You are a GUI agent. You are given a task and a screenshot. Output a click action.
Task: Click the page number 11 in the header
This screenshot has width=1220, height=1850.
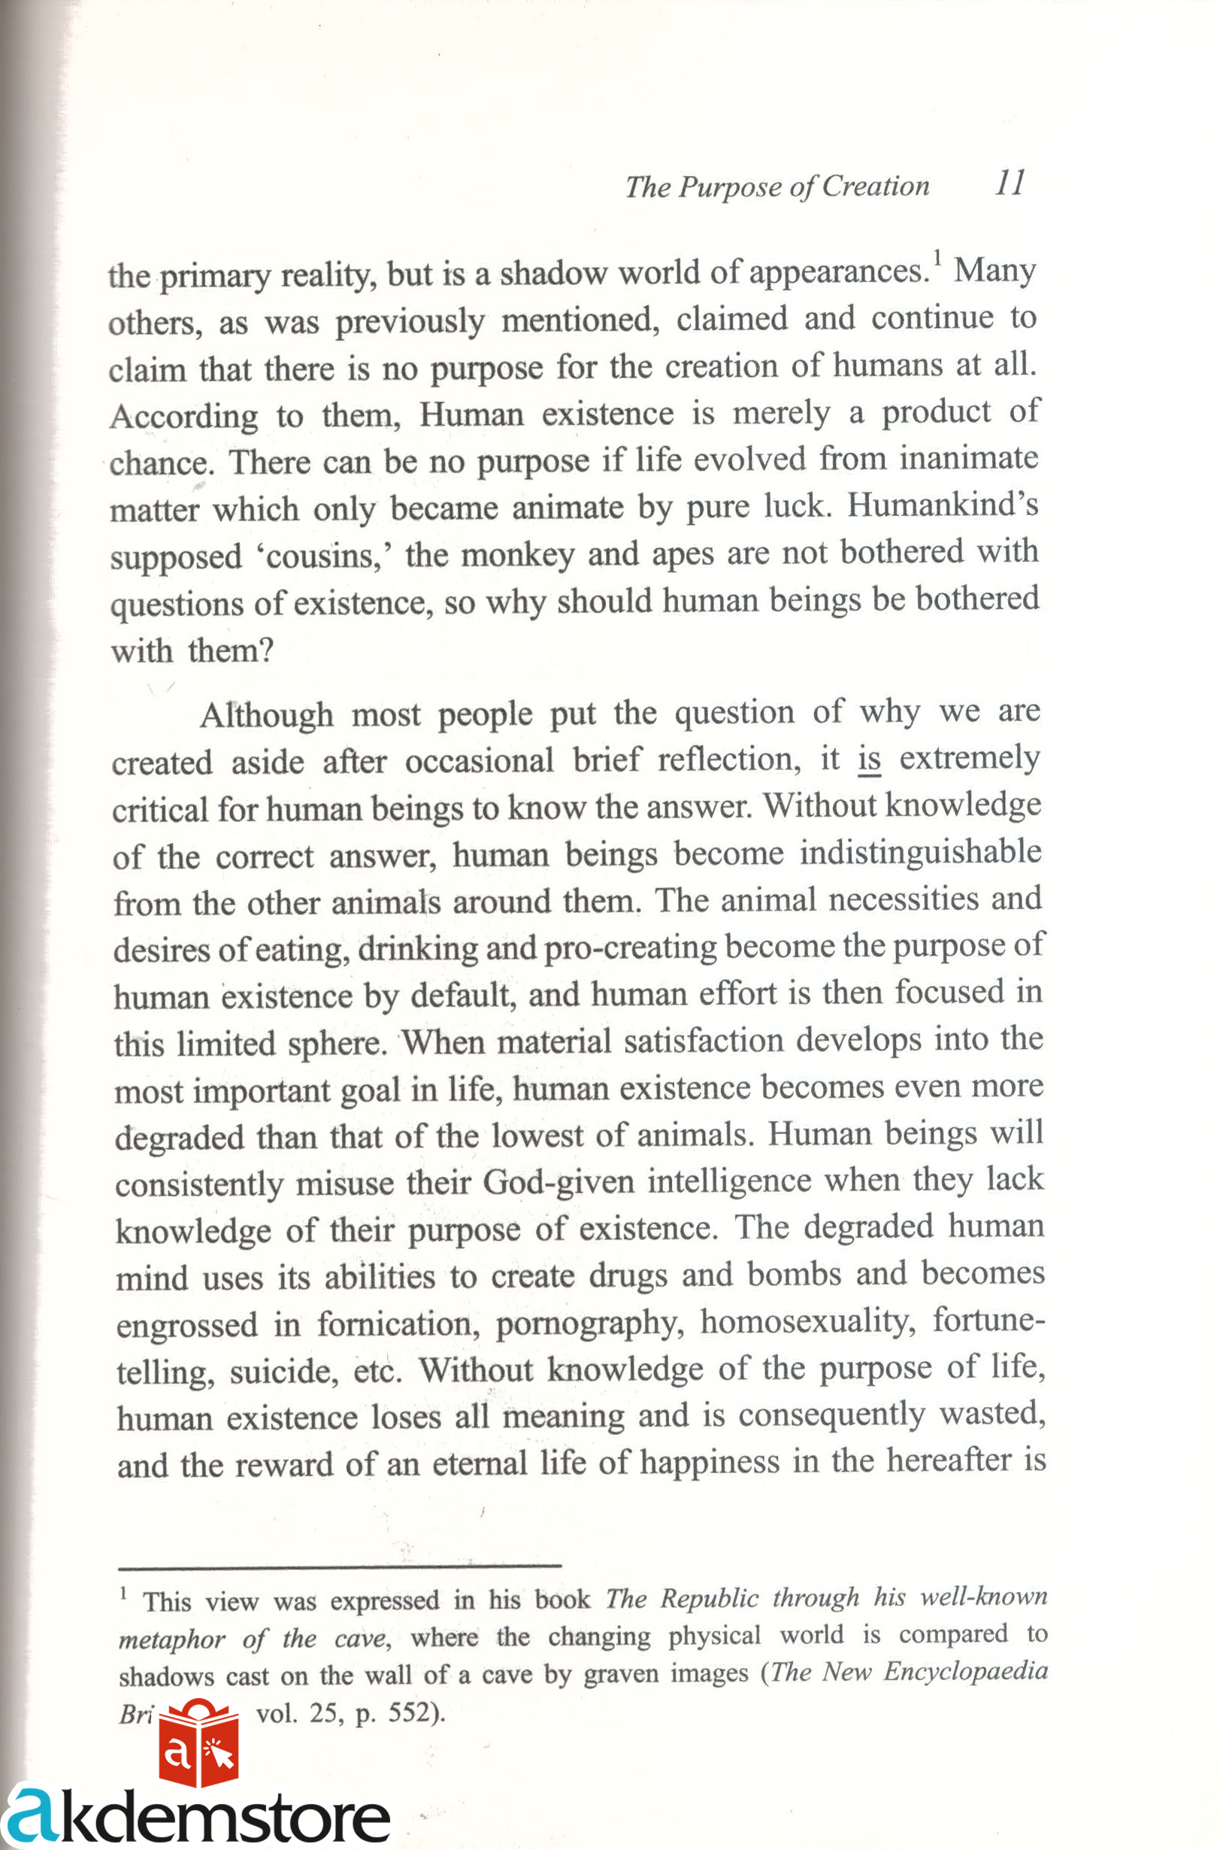pyautogui.click(x=1010, y=183)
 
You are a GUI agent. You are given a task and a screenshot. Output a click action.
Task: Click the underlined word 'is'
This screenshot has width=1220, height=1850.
pyautogui.click(x=869, y=758)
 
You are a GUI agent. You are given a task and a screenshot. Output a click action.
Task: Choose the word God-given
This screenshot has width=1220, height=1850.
pyautogui.click(x=559, y=1182)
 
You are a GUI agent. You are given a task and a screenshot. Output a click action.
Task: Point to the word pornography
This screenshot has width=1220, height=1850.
pyautogui.click(x=590, y=1323)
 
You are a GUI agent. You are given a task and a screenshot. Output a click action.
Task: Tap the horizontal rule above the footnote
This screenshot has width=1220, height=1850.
pyautogui.click(x=339, y=1564)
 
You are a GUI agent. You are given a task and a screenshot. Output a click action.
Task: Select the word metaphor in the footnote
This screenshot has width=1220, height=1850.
pyautogui.click(x=171, y=1639)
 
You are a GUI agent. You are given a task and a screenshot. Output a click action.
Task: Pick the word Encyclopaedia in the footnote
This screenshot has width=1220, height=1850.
pyautogui.click(x=966, y=1672)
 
